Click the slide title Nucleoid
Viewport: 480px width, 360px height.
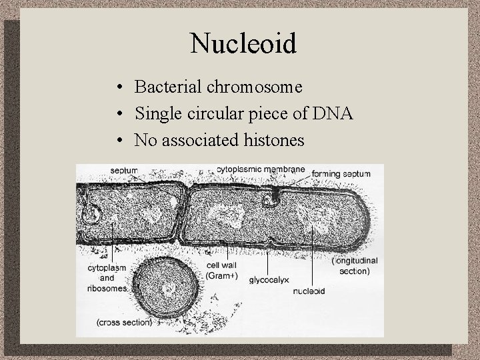pyautogui.click(x=243, y=43)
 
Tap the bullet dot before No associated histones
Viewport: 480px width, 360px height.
pyautogui.click(x=117, y=141)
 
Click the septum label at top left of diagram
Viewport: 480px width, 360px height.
pyautogui.click(x=125, y=170)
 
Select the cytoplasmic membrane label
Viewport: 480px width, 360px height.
pyautogui.click(x=261, y=169)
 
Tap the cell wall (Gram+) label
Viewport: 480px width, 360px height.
pyautogui.click(x=219, y=271)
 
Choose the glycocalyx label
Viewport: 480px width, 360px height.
pyautogui.click(x=269, y=281)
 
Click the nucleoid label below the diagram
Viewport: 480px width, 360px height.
pyautogui.click(x=309, y=291)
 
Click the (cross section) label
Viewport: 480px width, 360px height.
pyautogui.click(x=124, y=323)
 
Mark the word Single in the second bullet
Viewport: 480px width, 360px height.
pyautogui.click(x=156, y=114)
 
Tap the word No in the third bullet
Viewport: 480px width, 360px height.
pyautogui.click(x=145, y=141)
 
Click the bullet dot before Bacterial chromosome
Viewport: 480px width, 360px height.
pyautogui.click(x=117, y=88)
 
